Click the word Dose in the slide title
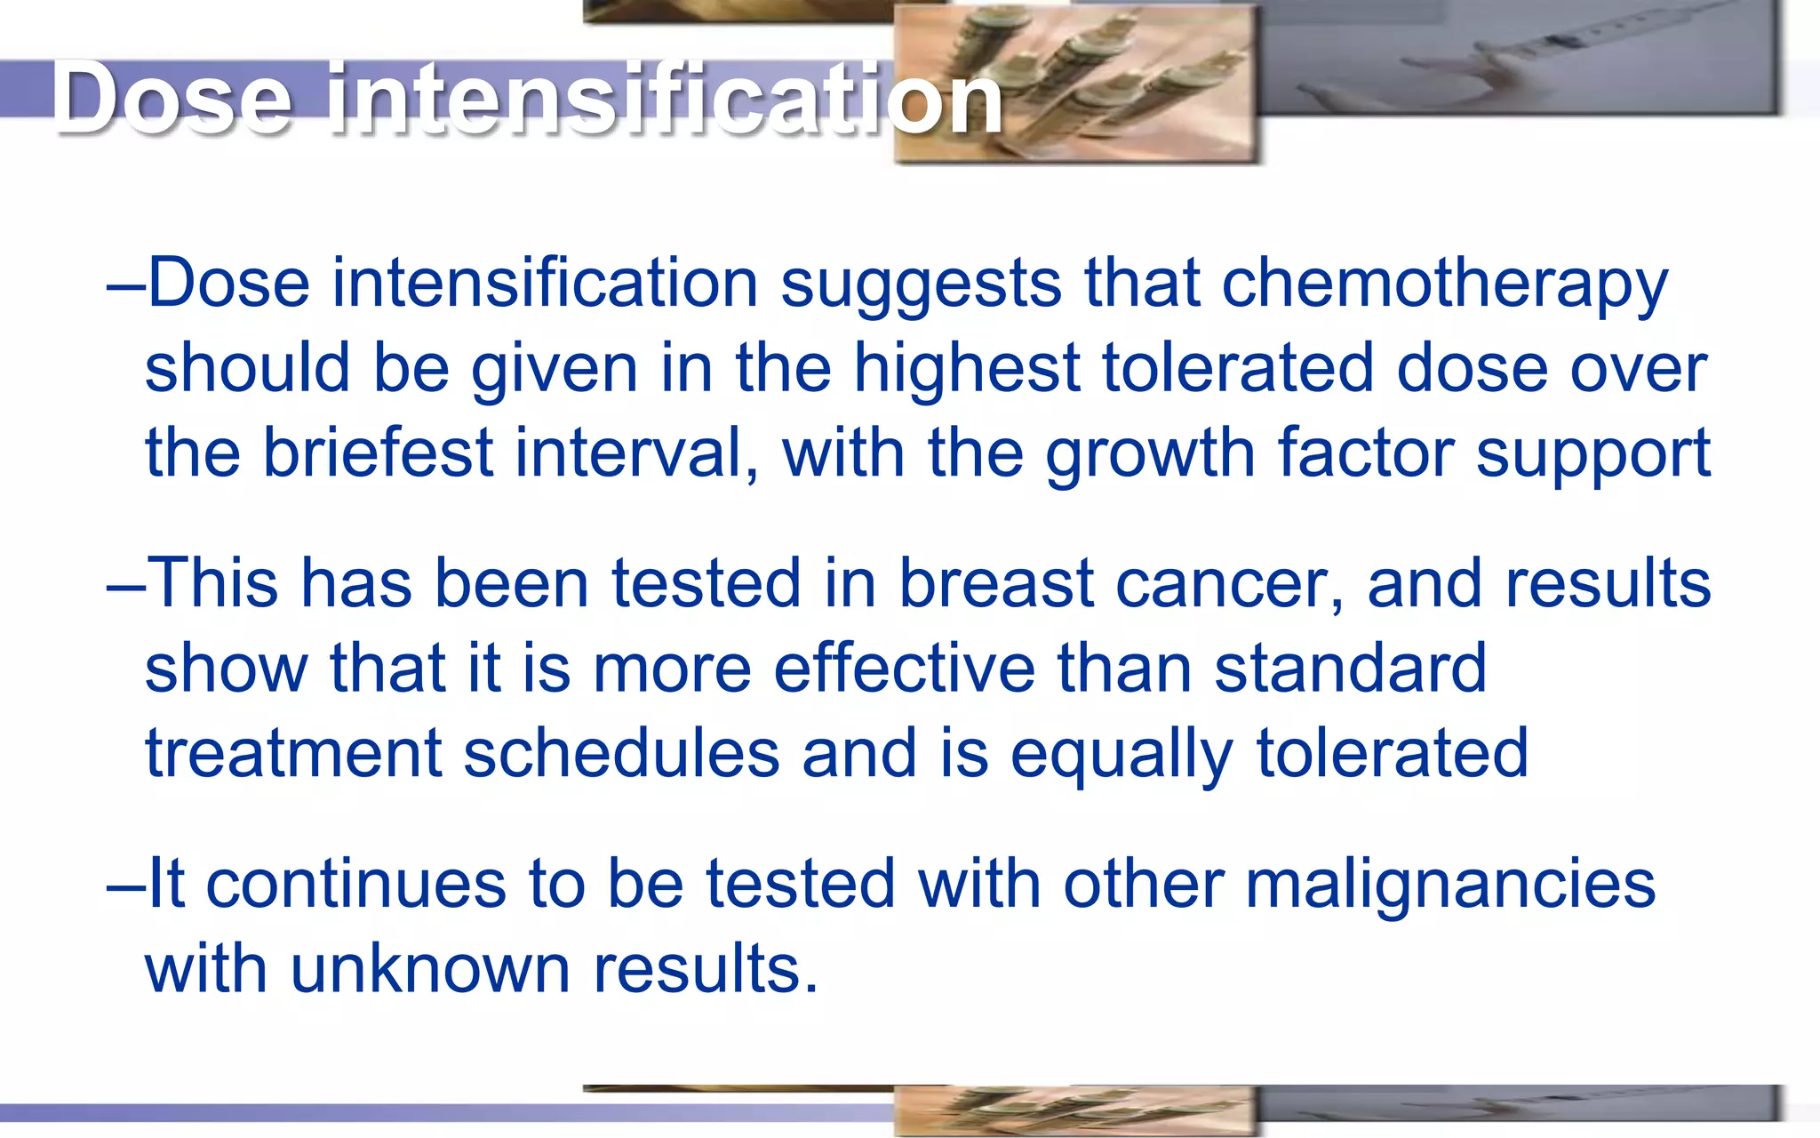[x=172, y=98]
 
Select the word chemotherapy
[x=1445, y=284]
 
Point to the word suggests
[x=921, y=284]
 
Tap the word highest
[x=966, y=368]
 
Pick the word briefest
[x=377, y=453]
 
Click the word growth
[x=1150, y=453]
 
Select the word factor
[x=1366, y=453]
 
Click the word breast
[x=995, y=584]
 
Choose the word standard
[x=1350, y=669]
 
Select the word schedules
[x=621, y=754]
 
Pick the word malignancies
[x=1450, y=886]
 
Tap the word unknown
[x=430, y=969]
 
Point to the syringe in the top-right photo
[x=1564, y=44]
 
